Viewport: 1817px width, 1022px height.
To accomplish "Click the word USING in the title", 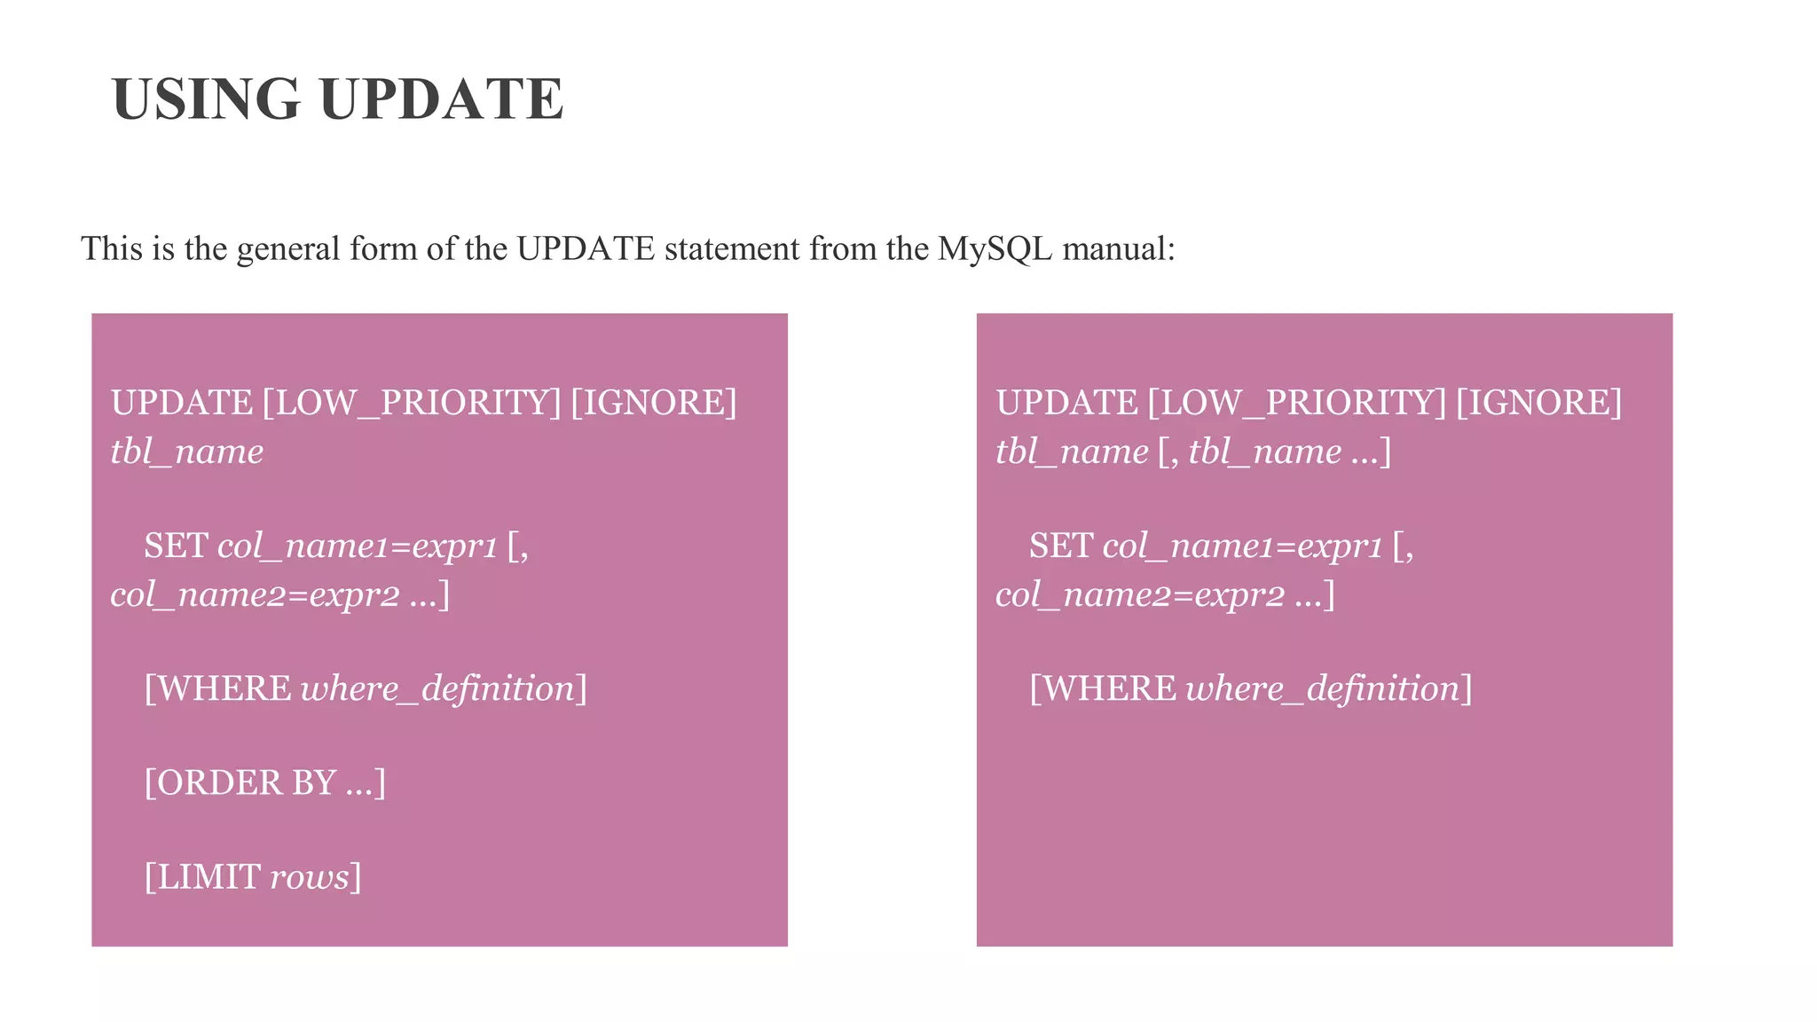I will [x=206, y=98].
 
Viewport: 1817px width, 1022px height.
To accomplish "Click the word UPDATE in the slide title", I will [x=441, y=98].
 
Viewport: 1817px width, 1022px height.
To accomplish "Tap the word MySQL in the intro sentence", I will [x=995, y=249].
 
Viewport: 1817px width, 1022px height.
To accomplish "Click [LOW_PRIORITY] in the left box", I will [x=412, y=403].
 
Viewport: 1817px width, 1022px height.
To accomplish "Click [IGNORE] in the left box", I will [x=654, y=403].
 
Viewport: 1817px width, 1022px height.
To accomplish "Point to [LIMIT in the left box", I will [x=202, y=877].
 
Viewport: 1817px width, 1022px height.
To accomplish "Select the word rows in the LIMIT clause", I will [x=310, y=877].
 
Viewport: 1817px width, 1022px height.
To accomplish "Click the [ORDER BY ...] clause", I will [x=264, y=782].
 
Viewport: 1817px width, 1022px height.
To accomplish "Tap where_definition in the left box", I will [x=438, y=688].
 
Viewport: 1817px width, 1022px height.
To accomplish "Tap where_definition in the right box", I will [x=1323, y=688].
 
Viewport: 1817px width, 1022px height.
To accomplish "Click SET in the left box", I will [x=176, y=546].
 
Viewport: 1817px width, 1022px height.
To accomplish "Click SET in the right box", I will [x=1060, y=546].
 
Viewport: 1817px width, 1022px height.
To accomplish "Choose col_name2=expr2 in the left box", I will [x=255, y=594].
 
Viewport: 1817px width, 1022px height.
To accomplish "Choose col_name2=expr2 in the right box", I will [x=1139, y=594].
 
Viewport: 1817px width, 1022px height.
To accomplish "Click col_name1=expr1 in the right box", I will [x=1242, y=546].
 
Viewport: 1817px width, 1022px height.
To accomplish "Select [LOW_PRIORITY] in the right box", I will [x=1296, y=403].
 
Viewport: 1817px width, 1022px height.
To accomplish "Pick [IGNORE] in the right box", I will [x=1538, y=403].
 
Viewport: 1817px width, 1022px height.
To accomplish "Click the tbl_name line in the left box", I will [x=187, y=452].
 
